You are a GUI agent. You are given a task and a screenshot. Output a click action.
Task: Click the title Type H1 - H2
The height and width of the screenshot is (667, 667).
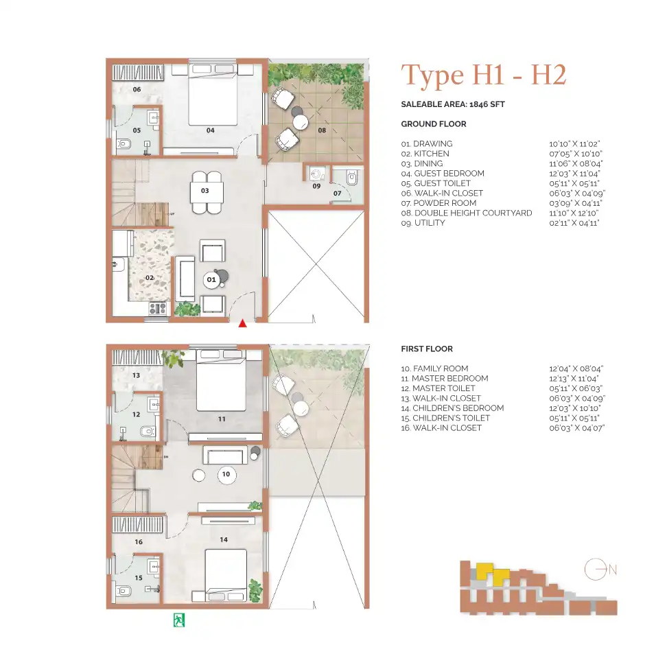coord(484,75)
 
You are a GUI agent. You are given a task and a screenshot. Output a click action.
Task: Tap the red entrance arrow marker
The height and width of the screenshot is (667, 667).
coord(242,323)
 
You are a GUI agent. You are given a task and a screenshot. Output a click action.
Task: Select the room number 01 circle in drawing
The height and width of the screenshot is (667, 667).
coord(211,279)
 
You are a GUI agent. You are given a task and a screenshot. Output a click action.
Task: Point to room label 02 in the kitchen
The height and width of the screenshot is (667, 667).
coord(149,278)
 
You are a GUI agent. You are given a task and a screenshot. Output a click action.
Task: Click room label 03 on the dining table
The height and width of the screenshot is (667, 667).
coord(204,190)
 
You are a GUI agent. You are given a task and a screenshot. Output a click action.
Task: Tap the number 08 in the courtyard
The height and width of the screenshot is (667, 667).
coord(322,130)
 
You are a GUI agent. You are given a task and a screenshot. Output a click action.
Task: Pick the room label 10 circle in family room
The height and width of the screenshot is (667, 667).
coord(226,474)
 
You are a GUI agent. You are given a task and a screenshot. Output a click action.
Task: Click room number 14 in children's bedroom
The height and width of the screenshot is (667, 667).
coord(224,540)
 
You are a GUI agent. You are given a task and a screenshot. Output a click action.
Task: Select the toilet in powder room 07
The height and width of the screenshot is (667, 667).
coord(353,178)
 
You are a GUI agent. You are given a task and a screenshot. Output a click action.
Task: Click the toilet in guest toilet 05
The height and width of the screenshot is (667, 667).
coord(124,144)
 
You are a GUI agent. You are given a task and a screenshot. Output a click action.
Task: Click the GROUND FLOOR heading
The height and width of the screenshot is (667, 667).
coord(433,124)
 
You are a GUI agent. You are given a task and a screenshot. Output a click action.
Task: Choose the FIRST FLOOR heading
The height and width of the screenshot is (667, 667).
coord(427,349)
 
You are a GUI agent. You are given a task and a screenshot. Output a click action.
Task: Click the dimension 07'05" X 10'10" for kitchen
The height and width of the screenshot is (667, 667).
coord(575,154)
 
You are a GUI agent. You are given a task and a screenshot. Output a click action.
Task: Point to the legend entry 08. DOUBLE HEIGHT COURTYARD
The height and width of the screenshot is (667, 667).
coord(466,213)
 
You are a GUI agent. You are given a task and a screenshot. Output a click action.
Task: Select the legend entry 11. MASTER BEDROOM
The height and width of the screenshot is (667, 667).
coord(444,378)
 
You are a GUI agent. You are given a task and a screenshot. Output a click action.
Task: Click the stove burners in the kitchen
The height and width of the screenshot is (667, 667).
coord(158,309)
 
